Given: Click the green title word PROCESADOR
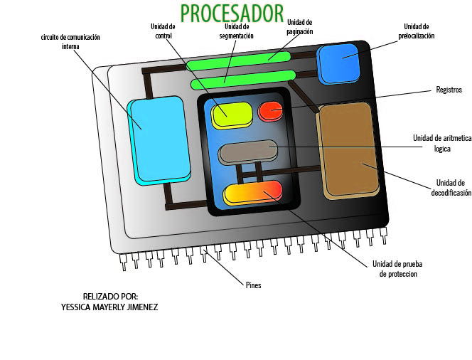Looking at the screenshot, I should pyautogui.click(x=232, y=14).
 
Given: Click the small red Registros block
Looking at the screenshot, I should pyautogui.click(x=270, y=111).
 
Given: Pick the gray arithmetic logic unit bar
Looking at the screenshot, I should pyautogui.click(x=248, y=152).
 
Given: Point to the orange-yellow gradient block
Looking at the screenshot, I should pyautogui.click(x=253, y=194).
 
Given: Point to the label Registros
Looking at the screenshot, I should pyautogui.click(x=449, y=90).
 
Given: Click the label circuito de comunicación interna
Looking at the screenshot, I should pyautogui.click(x=70, y=41).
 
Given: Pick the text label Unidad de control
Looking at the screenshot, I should pyautogui.click(x=163, y=31).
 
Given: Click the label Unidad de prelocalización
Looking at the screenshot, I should pyautogui.click(x=416, y=31).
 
